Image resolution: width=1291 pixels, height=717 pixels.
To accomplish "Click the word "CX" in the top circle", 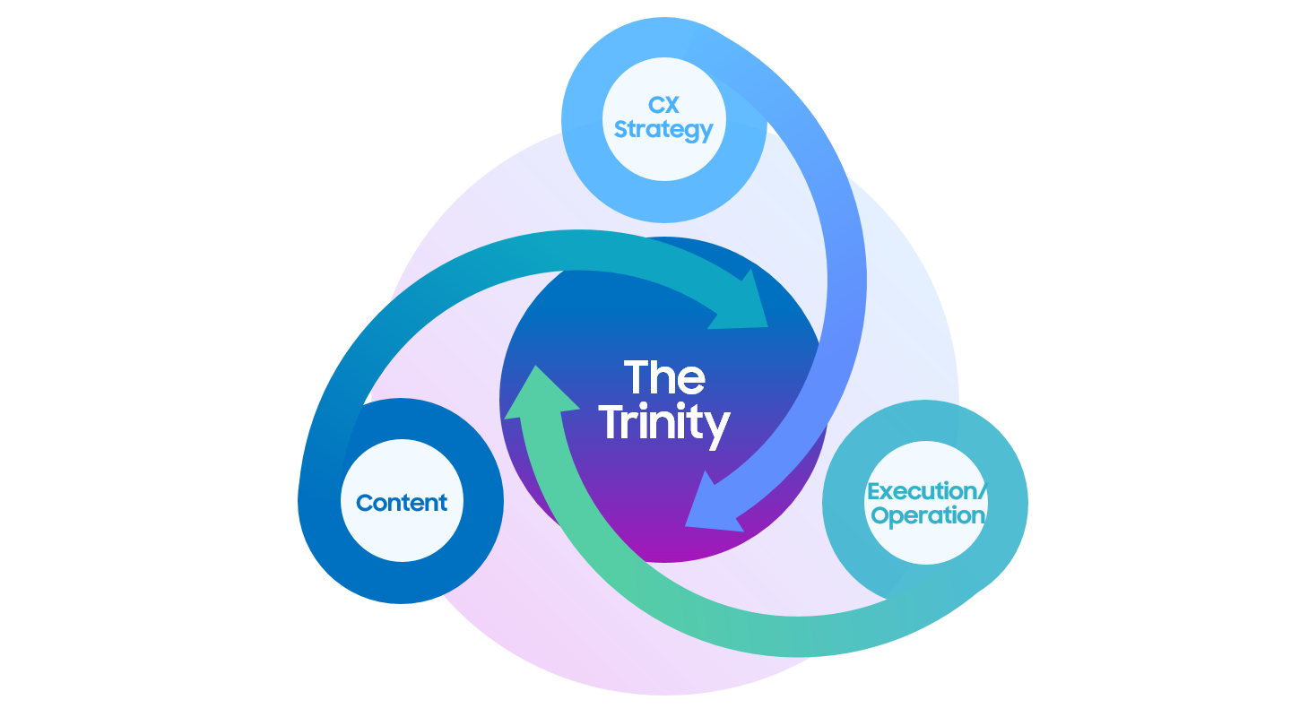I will pyautogui.click(x=663, y=106).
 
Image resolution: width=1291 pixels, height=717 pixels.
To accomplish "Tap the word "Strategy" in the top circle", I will pyautogui.click(x=663, y=130).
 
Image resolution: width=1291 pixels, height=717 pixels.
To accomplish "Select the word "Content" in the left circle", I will pyautogui.click(x=401, y=503).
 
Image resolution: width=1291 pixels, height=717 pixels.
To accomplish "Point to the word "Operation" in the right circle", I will pyautogui.click(x=927, y=515).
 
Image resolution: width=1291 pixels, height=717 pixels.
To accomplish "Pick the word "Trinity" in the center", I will pyautogui.click(x=663, y=422).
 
